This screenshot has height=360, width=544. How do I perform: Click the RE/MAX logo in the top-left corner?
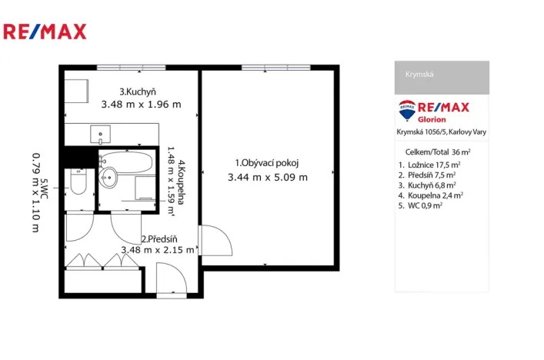[x=45, y=32]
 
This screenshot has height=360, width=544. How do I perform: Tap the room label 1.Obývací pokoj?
[x=266, y=162]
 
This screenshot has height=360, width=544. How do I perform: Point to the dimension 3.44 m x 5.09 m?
[x=267, y=178]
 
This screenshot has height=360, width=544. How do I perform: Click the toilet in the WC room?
[x=78, y=183]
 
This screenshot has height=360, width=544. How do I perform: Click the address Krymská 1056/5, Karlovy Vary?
[x=441, y=132]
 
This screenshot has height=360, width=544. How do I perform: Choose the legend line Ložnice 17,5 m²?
[x=429, y=165]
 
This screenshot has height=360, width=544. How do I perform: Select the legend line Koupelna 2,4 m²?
[x=431, y=195]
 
